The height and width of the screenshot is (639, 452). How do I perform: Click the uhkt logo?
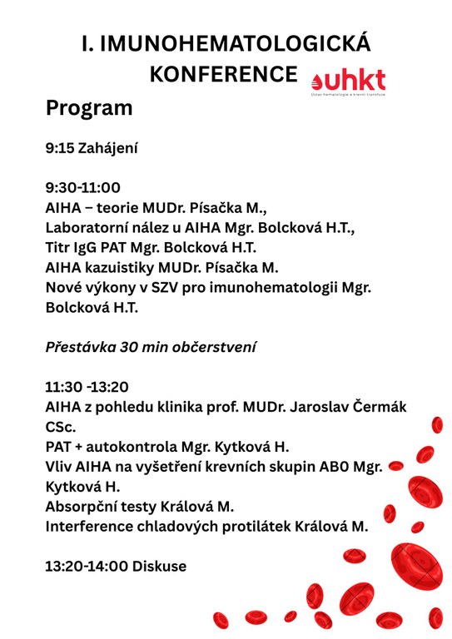point(348,82)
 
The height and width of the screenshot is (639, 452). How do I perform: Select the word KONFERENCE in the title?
point(222,74)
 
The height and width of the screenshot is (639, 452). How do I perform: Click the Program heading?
point(89,108)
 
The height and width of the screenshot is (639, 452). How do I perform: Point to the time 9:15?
point(59,149)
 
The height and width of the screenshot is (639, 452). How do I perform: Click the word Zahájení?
point(107,149)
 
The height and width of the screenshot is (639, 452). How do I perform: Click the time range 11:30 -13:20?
point(86,387)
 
